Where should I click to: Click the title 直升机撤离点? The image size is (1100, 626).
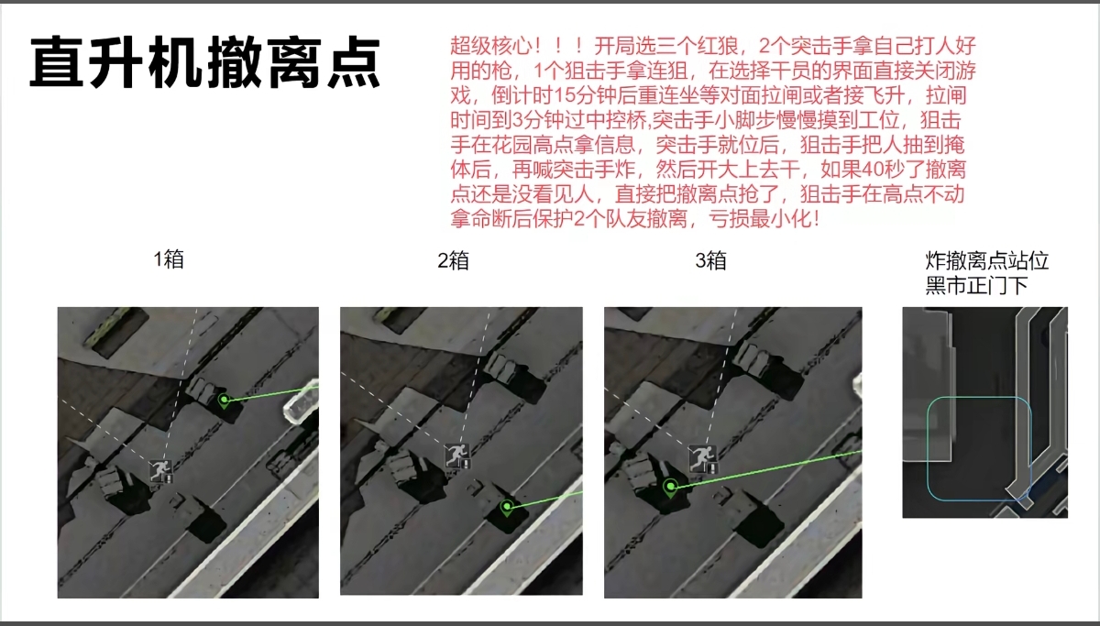pos(205,62)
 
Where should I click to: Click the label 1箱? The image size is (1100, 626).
pos(169,258)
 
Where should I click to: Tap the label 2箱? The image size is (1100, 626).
pos(453,261)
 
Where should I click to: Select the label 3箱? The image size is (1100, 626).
pos(711,261)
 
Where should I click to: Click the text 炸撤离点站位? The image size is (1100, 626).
pos(987,261)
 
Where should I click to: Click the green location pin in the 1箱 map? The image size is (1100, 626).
pos(224,400)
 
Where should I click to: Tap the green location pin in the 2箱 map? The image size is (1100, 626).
pos(507,505)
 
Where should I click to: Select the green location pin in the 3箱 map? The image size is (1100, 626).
pos(671,487)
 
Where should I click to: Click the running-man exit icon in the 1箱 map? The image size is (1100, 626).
pos(162,471)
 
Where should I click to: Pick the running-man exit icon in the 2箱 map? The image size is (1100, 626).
pos(456,454)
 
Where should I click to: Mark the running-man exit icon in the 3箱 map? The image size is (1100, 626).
pos(702,456)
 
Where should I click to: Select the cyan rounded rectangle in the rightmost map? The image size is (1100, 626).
pos(979,448)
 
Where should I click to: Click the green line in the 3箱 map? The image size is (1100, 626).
pos(770,468)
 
